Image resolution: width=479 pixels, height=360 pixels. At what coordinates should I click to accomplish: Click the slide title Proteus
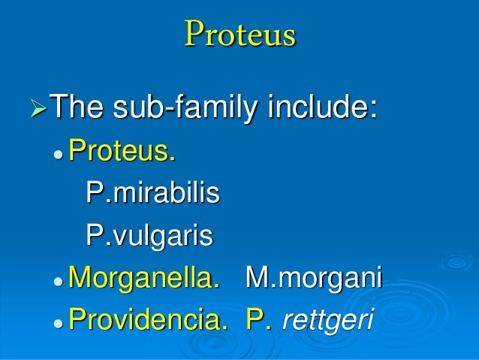point(239,35)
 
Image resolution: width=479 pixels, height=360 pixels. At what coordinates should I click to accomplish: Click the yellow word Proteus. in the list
point(122,154)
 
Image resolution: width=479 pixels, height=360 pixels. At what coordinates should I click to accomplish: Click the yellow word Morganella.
point(144,279)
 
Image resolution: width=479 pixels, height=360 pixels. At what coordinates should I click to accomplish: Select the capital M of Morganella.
point(80,279)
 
